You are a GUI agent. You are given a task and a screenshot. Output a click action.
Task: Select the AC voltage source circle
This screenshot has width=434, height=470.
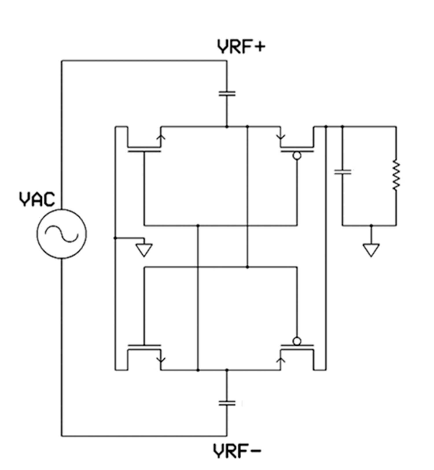point(62,234)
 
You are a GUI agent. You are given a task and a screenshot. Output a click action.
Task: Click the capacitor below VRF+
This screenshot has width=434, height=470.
point(227,94)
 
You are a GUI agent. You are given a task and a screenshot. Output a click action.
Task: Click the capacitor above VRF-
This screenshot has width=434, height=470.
point(227,403)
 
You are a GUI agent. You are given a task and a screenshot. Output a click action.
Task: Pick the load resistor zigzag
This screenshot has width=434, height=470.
point(396,175)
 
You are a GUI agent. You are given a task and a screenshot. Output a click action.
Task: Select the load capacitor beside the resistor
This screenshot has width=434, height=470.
point(343,172)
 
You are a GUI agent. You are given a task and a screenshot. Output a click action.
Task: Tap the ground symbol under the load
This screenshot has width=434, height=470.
point(371,250)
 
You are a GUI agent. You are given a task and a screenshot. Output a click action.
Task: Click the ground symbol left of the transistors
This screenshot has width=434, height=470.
point(144,250)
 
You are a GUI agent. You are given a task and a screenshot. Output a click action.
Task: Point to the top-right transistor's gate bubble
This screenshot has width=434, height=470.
point(297,156)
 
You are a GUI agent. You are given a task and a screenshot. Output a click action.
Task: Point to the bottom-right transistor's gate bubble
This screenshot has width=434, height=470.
point(297,341)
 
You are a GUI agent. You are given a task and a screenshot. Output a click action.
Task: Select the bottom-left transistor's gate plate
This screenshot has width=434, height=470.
point(144,345)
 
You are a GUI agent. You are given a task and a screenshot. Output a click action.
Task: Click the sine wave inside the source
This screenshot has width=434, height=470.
point(62,234)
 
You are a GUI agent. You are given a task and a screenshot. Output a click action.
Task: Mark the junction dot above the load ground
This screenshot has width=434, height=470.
point(371,225)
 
